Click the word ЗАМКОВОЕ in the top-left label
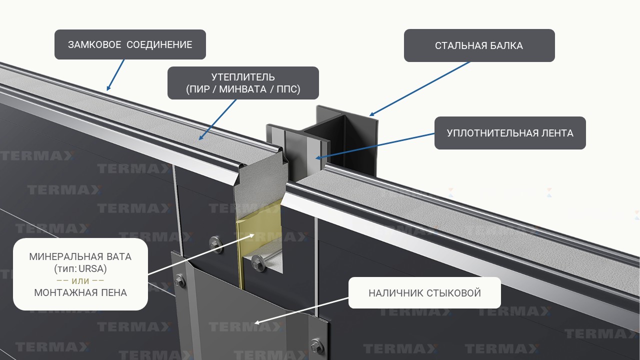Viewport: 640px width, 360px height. (x=94, y=45)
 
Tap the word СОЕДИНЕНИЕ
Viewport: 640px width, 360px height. (x=159, y=45)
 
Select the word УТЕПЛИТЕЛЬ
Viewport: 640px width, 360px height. (x=243, y=77)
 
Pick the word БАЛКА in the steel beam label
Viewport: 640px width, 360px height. (x=506, y=46)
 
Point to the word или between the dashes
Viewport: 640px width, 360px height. (x=80, y=281)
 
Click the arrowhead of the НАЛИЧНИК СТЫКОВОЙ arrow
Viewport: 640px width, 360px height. (x=257, y=322)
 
